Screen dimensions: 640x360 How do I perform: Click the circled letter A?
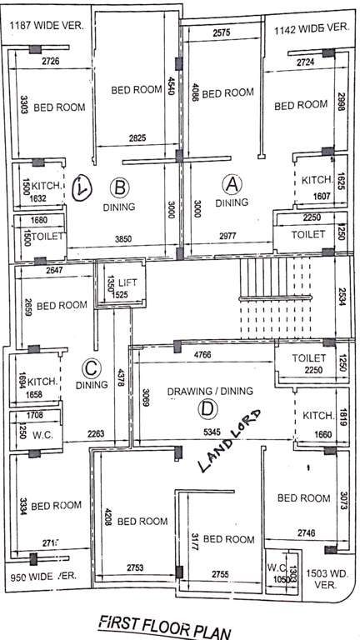pyautogui.click(x=232, y=182)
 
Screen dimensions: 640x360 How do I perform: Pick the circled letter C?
pyautogui.click(x=92, y=367)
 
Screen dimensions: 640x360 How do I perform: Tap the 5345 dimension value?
pyautogui.click(x=214, y=432)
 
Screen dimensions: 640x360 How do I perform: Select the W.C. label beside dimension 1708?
pyautogui.click(x=39, y=433)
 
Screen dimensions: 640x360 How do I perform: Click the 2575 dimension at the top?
pyautogui.click(x=221, y=32)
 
